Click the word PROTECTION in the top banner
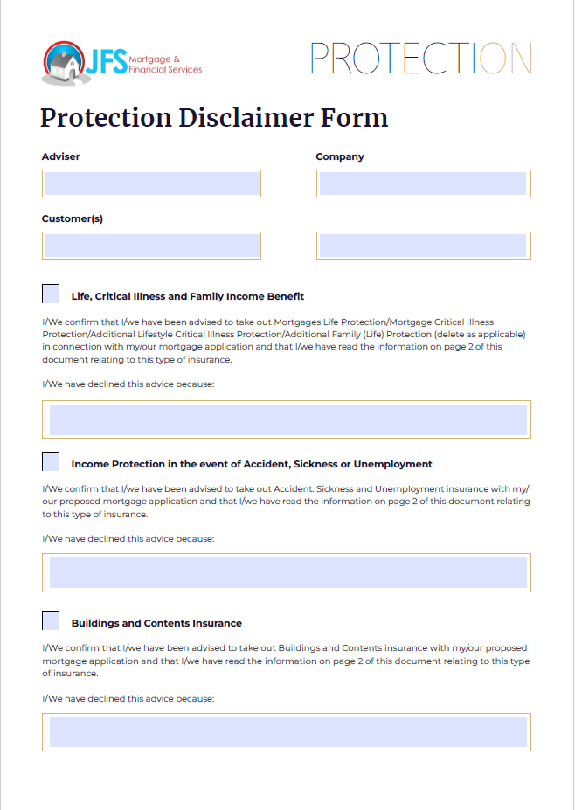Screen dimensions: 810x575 (420, 59)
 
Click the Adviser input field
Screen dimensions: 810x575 (151, 183)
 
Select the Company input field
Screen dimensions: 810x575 (423, 183)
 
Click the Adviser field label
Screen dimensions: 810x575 (61, 156)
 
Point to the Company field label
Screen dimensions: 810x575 (340, 156)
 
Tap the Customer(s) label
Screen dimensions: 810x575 (73, 218)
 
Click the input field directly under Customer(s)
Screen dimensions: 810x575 (151, 246)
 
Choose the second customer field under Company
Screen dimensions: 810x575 (423, 246)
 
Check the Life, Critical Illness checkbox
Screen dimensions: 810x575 (51, 294)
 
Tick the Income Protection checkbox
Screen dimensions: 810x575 (51, 461)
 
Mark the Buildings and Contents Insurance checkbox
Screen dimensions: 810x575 (51, 620)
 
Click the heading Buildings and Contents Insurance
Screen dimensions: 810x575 (156, 623)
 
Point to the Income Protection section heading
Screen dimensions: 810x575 (252, 464)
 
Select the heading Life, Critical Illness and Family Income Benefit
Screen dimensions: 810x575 (187, 296)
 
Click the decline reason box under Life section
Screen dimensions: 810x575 (287, 419)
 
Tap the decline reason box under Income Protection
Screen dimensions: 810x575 (287, 572)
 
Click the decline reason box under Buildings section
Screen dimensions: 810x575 (287, 731)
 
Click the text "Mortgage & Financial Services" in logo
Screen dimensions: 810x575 (165, 64)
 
